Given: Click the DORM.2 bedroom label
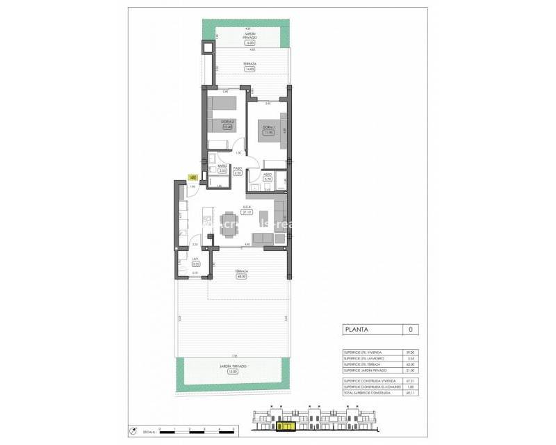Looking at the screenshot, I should pos(227,122).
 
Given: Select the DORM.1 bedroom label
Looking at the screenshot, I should pos(268,127).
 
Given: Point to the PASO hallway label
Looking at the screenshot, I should pos(238,168).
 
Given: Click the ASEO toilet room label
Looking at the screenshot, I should pos(266,175).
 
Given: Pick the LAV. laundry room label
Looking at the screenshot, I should pos(196,261).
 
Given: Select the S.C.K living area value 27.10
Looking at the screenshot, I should pos(246,211).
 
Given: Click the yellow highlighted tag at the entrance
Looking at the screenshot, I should pos(192,177).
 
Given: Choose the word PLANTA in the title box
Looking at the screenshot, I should pos(357,330).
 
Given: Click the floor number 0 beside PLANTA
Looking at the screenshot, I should pos(410,330).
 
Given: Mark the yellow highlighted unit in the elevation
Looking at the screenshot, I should pos(286,426).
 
